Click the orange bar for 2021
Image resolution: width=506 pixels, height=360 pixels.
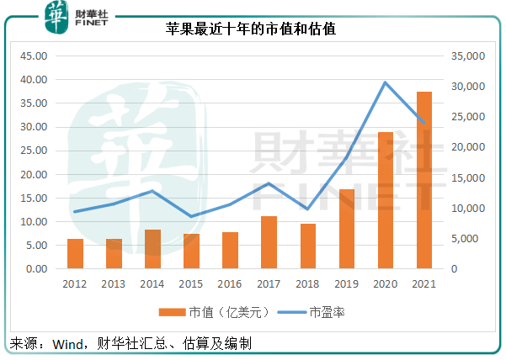424,181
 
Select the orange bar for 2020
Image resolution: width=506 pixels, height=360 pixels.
385,200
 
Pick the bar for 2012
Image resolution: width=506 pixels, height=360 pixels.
75,254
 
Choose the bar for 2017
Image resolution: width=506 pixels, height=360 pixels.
269,242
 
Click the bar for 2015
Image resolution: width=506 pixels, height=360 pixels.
191,251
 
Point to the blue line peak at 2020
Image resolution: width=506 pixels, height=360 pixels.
385,82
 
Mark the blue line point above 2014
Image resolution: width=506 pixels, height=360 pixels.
152,191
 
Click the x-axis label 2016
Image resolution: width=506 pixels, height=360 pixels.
230,283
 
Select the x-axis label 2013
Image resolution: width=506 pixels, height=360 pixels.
114,283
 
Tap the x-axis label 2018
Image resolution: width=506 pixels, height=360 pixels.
307,283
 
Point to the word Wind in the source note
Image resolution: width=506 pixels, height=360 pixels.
68,344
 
